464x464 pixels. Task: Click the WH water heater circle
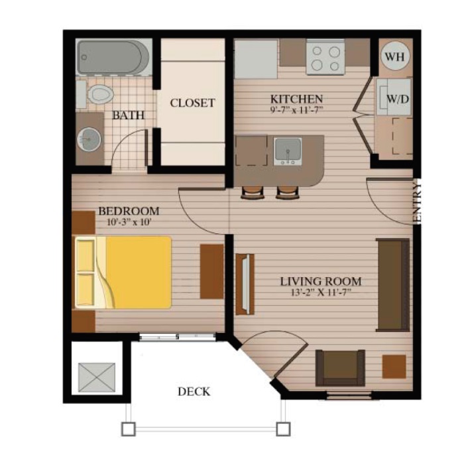[395, 56]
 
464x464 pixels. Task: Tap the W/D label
[398, 99]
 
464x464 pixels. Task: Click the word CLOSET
[192, 103]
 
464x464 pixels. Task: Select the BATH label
[128, 115]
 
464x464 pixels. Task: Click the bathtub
[113, 58]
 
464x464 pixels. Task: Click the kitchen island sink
[288, 151]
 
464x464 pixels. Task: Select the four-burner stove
[325, 57]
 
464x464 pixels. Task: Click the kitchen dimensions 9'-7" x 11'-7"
[296, 110]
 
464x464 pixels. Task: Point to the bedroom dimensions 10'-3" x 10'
[129, 222]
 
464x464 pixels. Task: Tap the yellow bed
[123, 272]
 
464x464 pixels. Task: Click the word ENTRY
[417, 203]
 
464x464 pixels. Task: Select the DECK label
[194, 392]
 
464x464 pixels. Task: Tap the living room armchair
[340, 368]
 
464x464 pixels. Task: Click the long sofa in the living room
[393, 284]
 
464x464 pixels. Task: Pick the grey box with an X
[97, 378]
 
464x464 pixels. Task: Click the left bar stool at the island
[253, 193]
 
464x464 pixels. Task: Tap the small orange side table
[394, 367]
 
